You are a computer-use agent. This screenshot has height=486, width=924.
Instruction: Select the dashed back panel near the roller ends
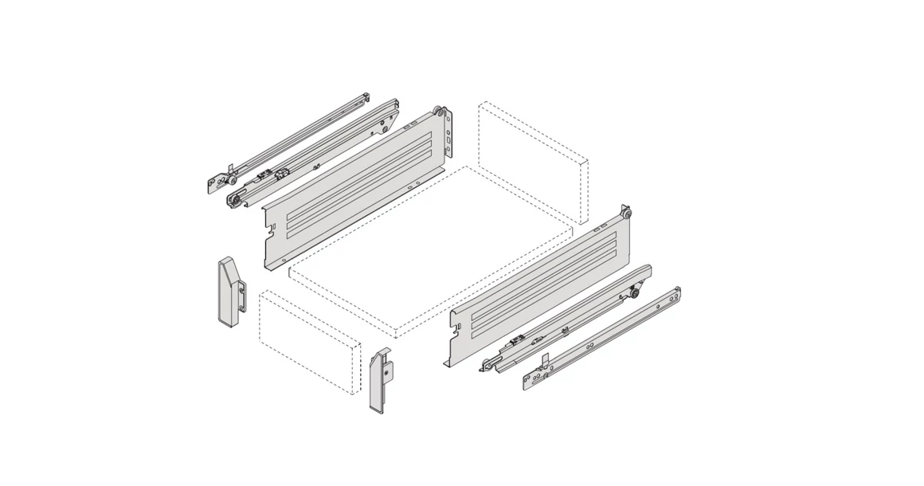tap(532, 163)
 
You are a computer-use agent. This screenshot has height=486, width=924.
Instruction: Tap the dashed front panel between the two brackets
tap(307, 343)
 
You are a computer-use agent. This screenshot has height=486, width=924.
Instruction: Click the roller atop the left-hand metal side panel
tap(439, 112)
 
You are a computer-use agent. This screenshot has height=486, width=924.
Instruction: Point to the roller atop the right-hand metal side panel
tap(628, 214)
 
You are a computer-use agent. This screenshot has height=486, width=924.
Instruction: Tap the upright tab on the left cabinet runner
tap(229, 168)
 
